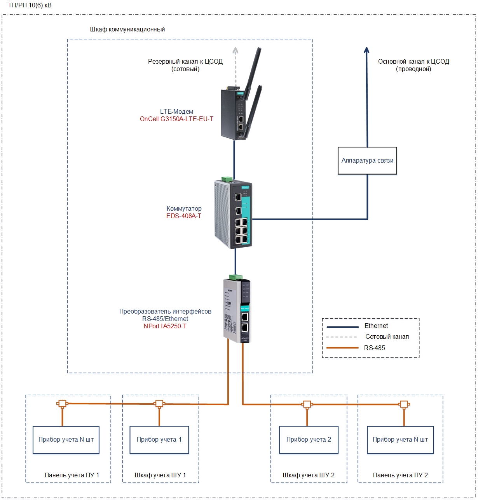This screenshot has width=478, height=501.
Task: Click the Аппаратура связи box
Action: pyautogui.click(x=367, y=161)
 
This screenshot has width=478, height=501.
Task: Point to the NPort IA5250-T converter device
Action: pyautogui.click(x=237, y=310)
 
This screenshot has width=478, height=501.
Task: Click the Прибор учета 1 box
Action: pyautogui.click(x=159, y=440)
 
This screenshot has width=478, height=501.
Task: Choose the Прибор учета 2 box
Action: pyautogui.click(x=309, y=440)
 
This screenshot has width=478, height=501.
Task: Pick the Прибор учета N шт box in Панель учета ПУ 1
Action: pyautogui.click(x=66, y=440)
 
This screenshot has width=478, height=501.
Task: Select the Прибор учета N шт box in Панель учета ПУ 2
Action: pyautogui.click(x=400, y=440)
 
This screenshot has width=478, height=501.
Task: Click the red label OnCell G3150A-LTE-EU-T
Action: pyautogui.click(x=176, y=119)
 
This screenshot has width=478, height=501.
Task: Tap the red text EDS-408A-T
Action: pyautogui.click(x=184, y=216)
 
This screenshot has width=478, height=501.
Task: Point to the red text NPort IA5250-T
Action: pyautogui.click(x=165, y=326)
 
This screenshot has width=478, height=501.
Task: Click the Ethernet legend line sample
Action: pyautogui.click(x=342, y=327)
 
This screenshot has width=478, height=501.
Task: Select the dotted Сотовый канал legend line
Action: pyautogui.click(x=342, y=337)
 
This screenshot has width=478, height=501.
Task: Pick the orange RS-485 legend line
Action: pyautogui.click(x=342, y=348)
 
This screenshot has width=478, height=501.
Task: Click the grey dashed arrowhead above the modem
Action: pyautogui.click(x=235, y=50)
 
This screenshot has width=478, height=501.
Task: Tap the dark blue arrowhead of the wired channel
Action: pyautogui.click(x=366, y=50)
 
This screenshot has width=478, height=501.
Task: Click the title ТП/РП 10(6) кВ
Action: pyautogui.click(x=30, y=5)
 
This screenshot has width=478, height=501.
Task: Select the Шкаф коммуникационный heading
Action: pyautogui.click(x=127, y=29)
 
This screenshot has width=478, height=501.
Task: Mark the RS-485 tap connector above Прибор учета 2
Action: pyautogui.click(x=307, y=404)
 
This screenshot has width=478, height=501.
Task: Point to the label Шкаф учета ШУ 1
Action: pyautogui.click(x=160, y=475)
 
